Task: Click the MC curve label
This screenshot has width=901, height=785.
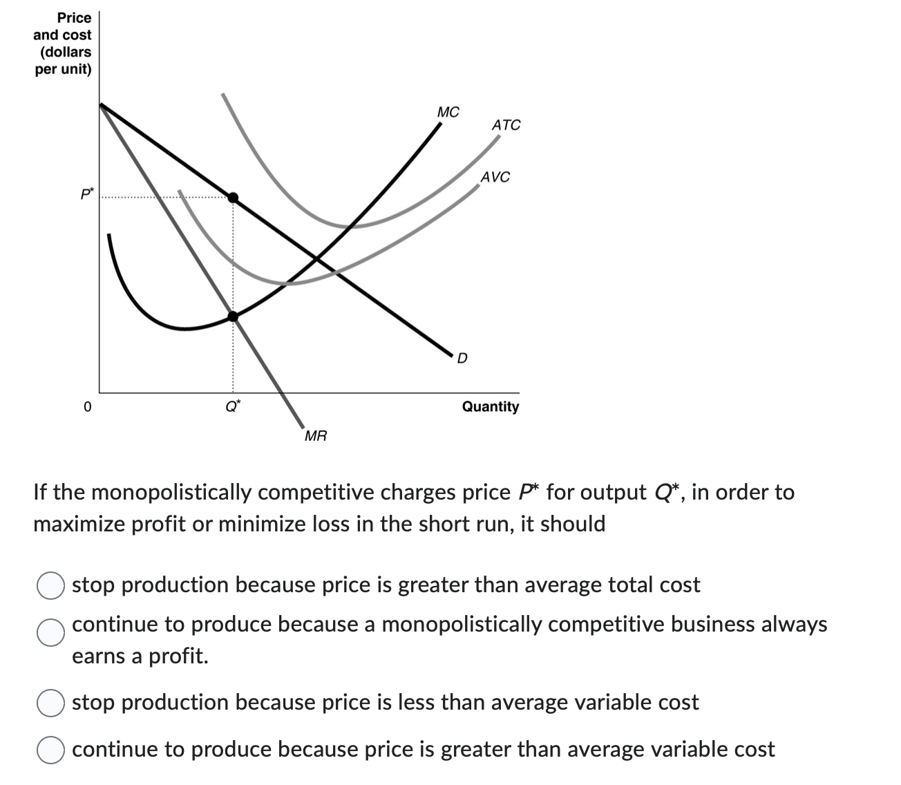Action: point(448,112)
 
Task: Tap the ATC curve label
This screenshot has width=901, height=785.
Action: point(506,125)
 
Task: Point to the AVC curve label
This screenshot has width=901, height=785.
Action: point(495,177)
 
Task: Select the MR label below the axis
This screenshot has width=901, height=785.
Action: point(316,436)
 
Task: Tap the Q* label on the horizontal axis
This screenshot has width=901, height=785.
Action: point(233,406)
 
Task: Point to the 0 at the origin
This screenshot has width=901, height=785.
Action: point(86,407)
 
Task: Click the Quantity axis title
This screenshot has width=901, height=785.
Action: point(490,406)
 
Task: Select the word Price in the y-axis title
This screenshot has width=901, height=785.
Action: point(74,17)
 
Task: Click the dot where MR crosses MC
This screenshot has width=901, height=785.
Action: point(234,316)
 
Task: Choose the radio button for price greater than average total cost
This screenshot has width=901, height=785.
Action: point(50,585)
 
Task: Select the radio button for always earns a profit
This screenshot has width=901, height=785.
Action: point(50,632)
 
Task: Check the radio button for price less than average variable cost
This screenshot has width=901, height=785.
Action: point(50,703)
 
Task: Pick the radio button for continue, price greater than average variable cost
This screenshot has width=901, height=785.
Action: point(50,750)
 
